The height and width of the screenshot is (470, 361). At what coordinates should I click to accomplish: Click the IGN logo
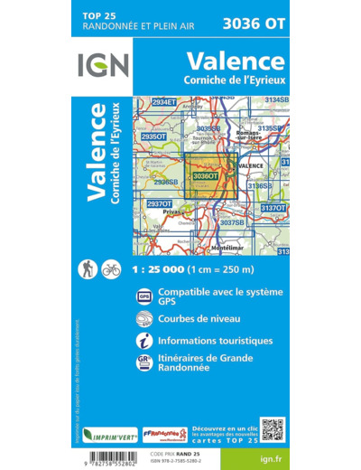103,66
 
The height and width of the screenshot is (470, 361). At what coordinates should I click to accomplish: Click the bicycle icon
111,268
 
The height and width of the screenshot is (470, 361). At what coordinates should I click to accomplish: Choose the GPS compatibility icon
144,296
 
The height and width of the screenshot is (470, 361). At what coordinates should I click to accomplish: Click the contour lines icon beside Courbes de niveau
144,319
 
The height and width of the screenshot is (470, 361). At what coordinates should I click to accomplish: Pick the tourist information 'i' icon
144,342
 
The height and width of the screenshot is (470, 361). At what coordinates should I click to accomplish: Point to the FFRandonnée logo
165,435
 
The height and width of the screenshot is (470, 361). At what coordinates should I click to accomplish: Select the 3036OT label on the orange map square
206,175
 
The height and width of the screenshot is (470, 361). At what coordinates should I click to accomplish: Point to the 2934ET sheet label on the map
165,102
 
